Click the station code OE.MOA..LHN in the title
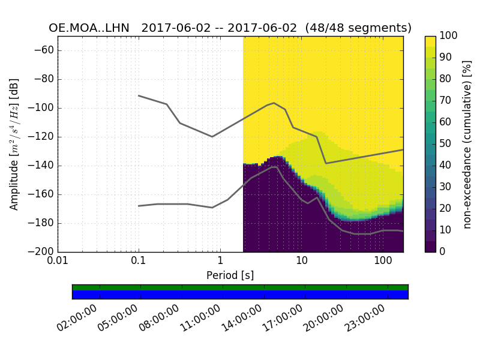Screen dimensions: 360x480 pyautogui.click(x=92, y=28)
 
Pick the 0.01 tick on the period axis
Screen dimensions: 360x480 pyautogui.click(x=58, y=262)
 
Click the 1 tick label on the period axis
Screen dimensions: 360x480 pyautogui.click(x=220, y=262)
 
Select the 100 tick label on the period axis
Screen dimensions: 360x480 pyautogui.click(x=382, y=262)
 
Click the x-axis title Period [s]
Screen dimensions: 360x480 pyautogui.click(x=230, y=275)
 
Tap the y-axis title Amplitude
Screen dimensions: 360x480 pyautogui.click(x=14, y=144)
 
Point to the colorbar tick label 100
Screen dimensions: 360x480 pyautogui.click(x=449, y=36)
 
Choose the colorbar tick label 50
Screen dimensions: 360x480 pyautogui.click(x=446, y=144)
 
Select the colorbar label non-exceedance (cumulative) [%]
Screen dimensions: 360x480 pyautogui.click(x=468, y=144)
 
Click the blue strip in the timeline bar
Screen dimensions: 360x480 pyautogui.click(x=240, y=295)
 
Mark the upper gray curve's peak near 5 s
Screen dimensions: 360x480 pyautogui.click(x=274, y=103)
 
